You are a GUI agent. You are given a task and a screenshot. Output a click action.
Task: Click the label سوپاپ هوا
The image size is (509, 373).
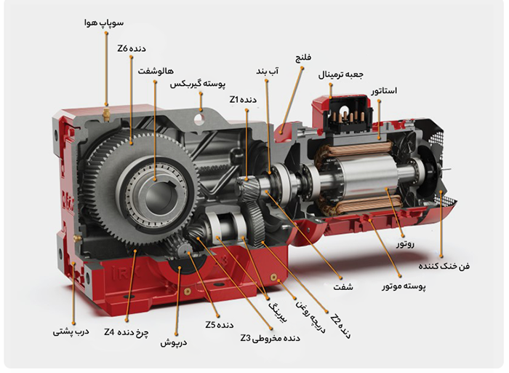click(103, 23)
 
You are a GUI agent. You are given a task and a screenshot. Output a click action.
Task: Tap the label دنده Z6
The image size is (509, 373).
click(132, 49)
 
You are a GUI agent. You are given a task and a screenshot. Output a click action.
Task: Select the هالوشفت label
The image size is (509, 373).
click(156, 71)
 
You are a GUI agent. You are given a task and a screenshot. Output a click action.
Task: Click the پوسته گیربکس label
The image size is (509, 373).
click(198, 85)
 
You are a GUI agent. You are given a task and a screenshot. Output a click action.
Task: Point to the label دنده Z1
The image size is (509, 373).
click(243, 100)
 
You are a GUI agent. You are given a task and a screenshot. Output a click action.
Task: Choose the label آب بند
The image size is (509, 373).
click(268, 71)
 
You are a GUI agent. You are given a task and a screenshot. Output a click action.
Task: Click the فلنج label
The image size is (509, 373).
click(303, 58)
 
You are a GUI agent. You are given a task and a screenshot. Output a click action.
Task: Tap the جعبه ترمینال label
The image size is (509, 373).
click(341, 74)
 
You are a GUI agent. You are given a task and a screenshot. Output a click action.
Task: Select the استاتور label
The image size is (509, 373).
click(384, 91)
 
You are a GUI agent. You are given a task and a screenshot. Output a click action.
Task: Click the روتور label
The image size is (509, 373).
click(406, 244)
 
